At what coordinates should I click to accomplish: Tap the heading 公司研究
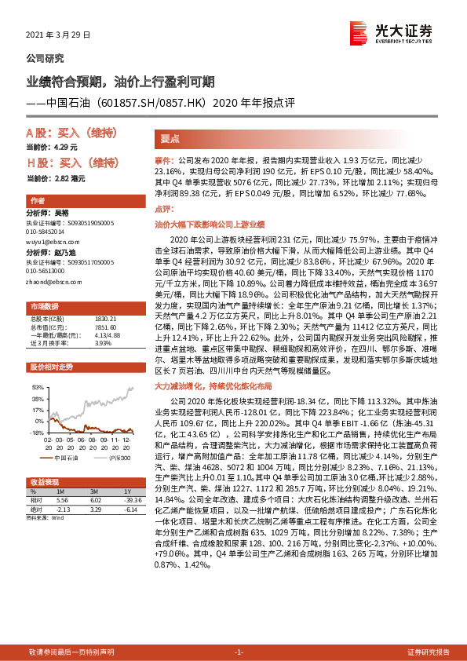click(45, 58)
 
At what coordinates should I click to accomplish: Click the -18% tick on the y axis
click(36, 433)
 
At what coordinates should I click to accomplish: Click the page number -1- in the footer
click(239, 652)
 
